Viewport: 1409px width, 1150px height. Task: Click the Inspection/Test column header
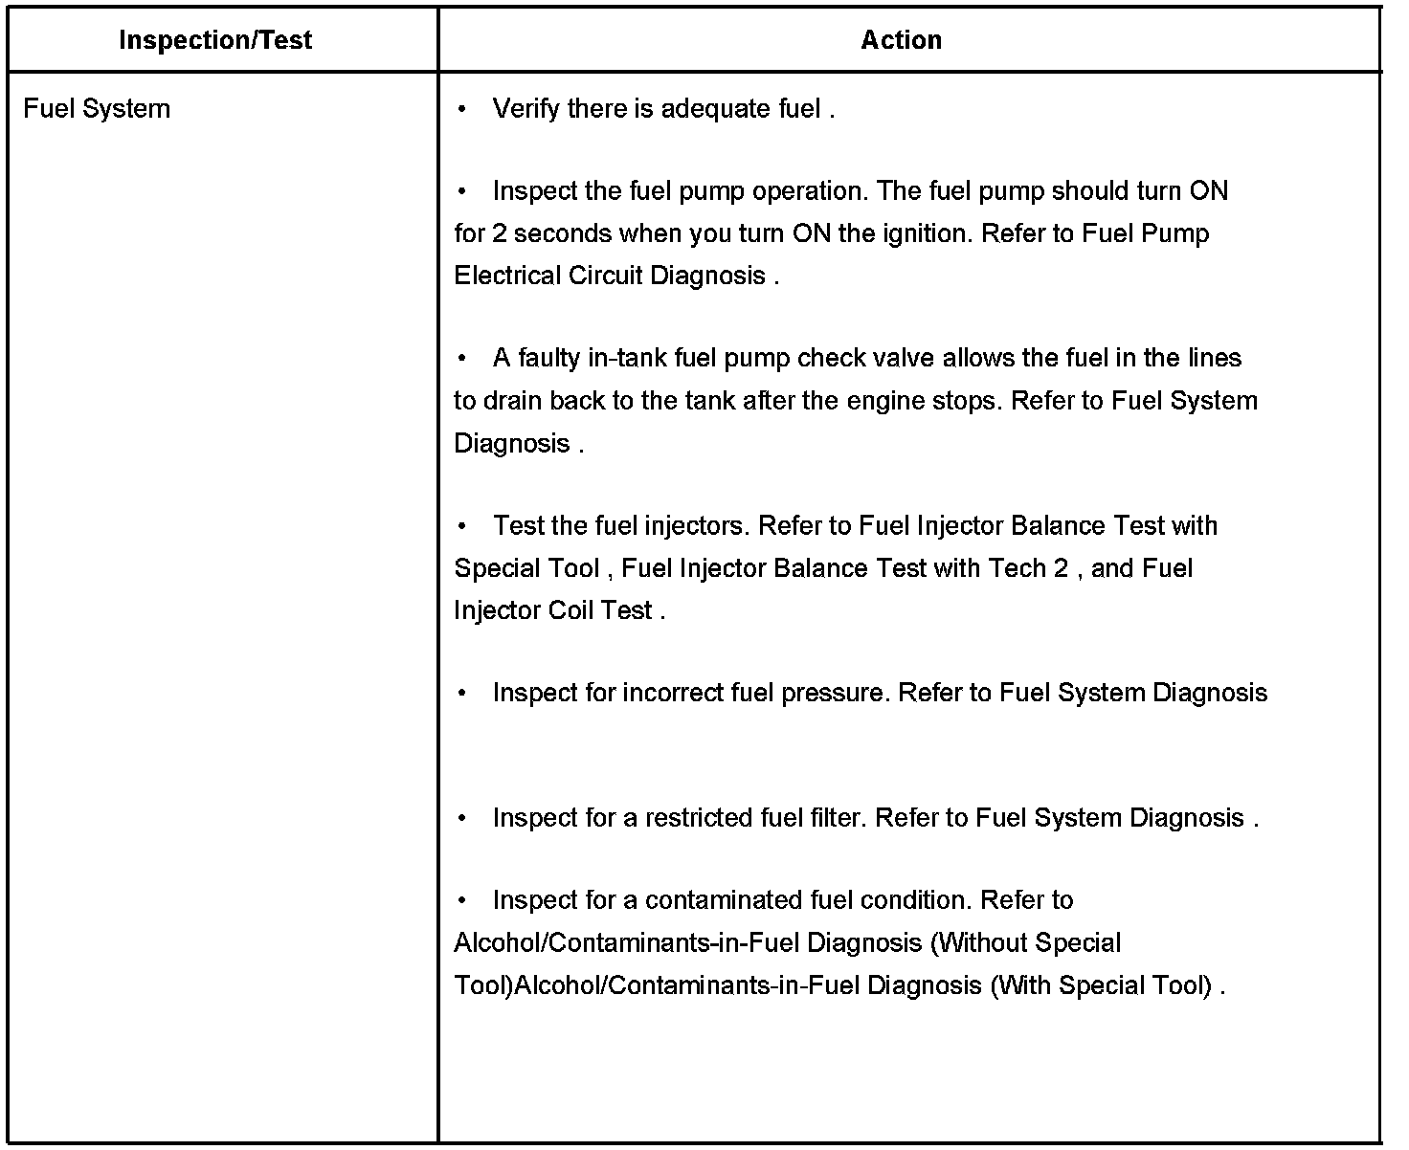tap(215, 40)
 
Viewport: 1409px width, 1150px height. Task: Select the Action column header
tap(901, 40)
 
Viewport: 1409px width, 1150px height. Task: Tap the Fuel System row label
tap(97, 109)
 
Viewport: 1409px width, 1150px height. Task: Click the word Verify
tap(526, 109)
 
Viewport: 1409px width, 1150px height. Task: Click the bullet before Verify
tap(462, 109)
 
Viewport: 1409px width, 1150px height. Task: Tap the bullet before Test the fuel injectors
tap(462, 525)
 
